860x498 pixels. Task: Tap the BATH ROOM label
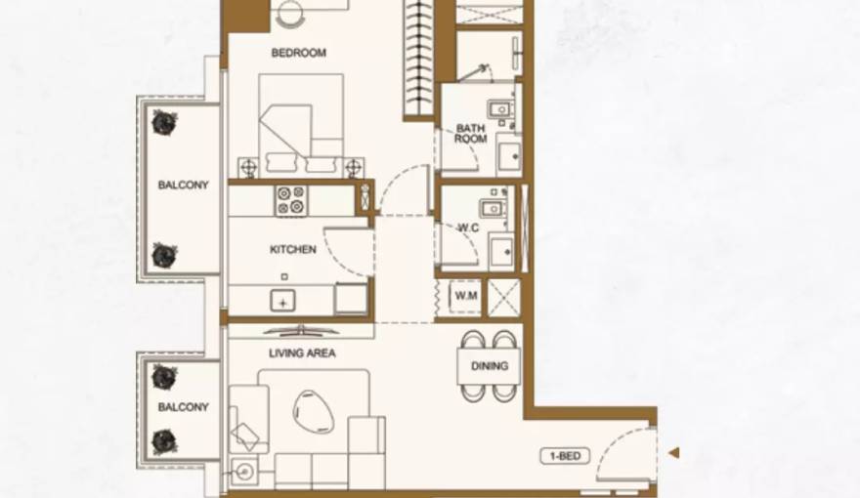[x=470, y=134]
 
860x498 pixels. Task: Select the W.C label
[x=467, y=228]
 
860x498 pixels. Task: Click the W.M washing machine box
[x=464, y=296]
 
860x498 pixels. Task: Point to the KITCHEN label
[x=293, y=250]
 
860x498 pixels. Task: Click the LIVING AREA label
[x=301, y=353]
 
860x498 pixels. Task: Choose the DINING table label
[x=490, y=367]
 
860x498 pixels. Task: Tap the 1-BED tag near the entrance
[x=565, y=455]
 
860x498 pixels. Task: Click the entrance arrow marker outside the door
[x=673, y=453]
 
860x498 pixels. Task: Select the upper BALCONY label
[x=184, y=184]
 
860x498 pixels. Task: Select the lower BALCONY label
[x=184, y=407]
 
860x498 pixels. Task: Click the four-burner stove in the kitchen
[x=290, y=200]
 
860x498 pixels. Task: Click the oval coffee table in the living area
[x=313, y=409]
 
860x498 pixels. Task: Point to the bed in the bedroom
[x=302, y=122]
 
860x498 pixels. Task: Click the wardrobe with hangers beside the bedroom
[x=418, y=59]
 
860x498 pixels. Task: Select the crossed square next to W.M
[x=503, y=296]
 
